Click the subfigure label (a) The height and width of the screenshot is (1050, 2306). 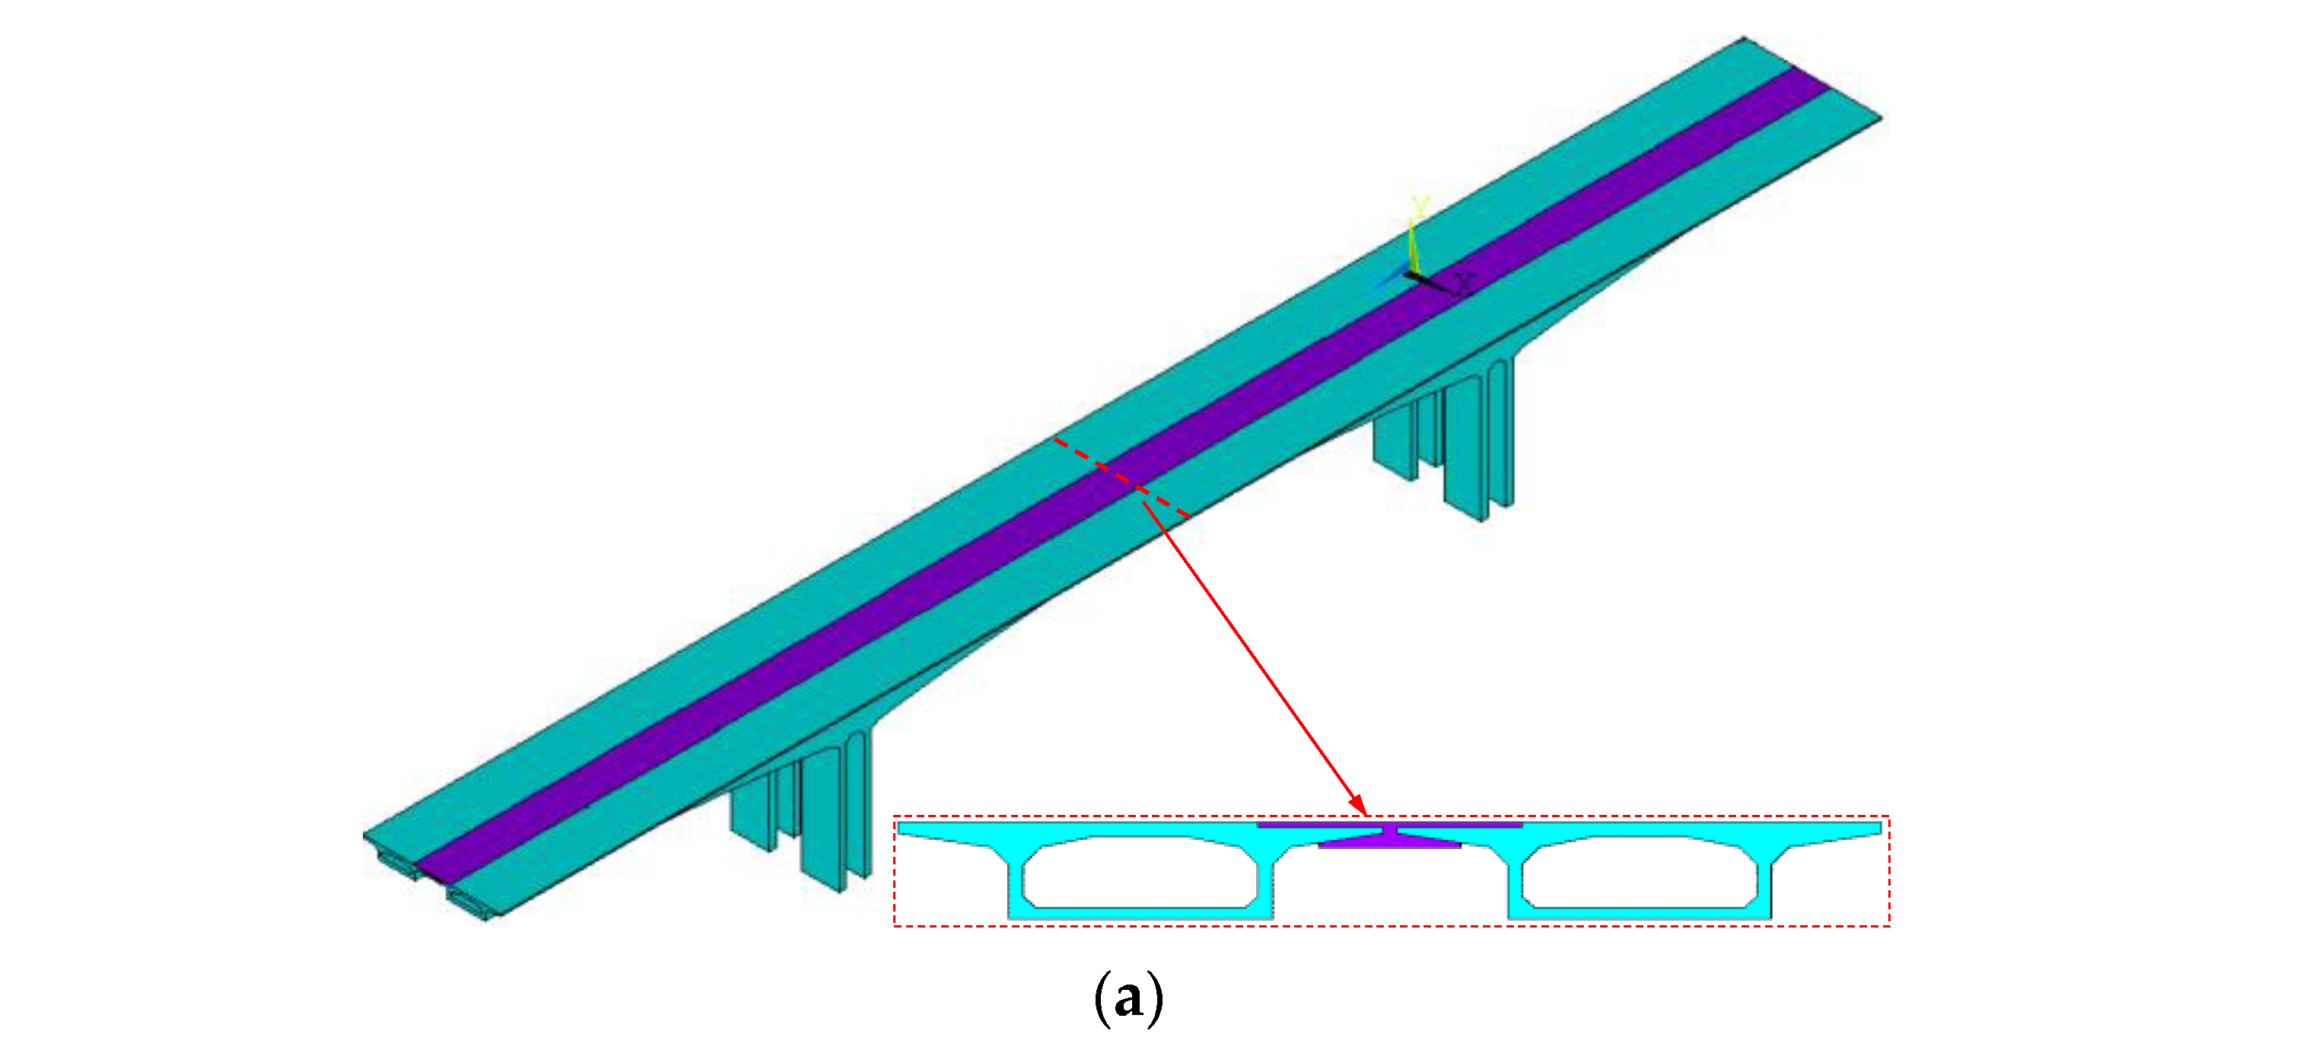1129,999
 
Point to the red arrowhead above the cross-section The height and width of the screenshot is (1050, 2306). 1359,807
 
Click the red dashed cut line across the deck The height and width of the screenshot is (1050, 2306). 1121,477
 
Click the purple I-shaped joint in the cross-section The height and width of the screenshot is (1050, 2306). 1390,836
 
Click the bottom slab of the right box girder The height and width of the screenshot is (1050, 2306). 1639,913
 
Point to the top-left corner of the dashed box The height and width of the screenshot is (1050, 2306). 895,816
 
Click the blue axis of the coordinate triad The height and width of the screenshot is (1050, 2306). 1390,281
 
